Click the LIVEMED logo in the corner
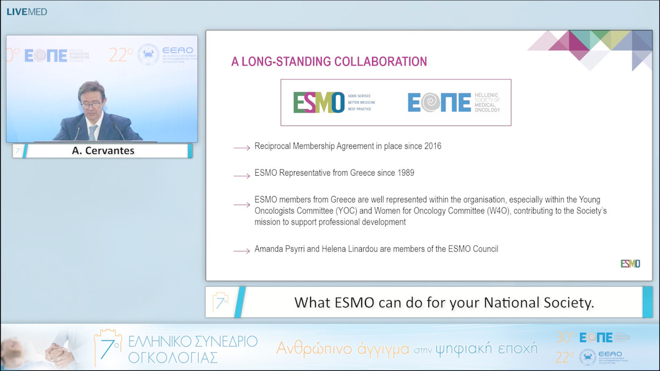27,12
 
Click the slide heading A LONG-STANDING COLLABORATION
329,62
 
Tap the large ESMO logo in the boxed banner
318,103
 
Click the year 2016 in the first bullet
431,146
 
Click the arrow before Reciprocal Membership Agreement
241,148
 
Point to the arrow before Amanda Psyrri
241,250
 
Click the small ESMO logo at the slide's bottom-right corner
630,264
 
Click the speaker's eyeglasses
92,105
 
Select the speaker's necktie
93,131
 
